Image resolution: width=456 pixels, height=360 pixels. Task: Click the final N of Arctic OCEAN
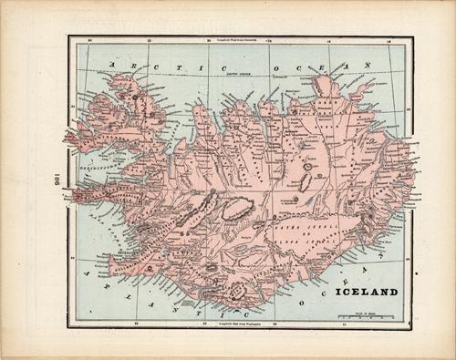[366, 65]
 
